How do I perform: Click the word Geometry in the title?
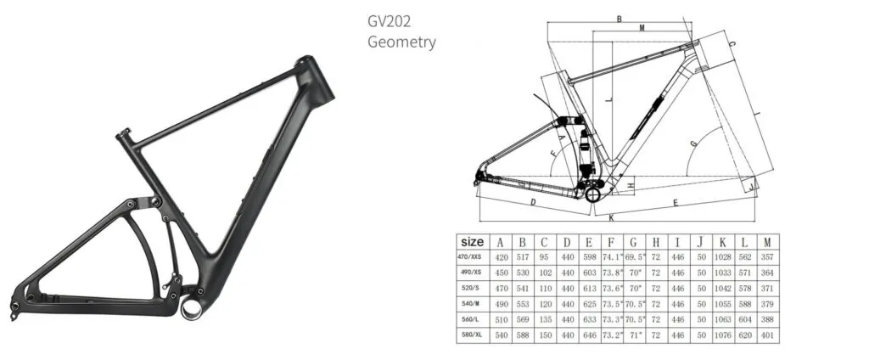(x=401, y=42)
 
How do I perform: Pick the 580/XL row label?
(x=472, y=336)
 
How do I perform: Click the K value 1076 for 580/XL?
(x=721, y=336)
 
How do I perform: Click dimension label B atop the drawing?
(x=620, y=18)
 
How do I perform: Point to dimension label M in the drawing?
(x=642, y=28)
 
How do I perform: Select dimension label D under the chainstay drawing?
(x=531, y=203)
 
